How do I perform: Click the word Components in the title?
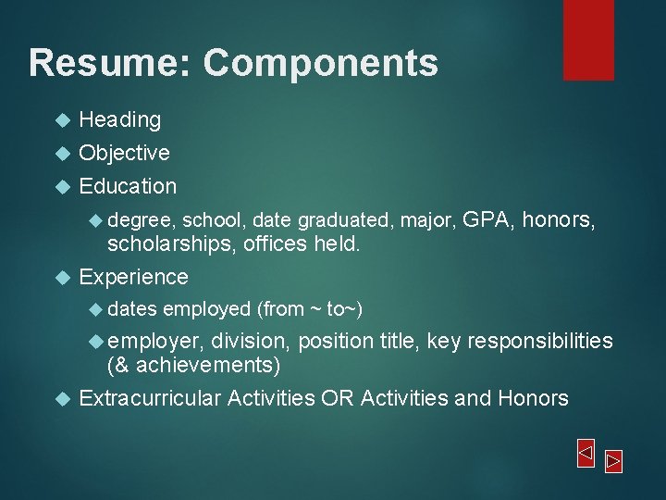pyautogui.click(x=320, y=63)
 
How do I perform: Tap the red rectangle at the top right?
pyautogui.click(x=588, y=39)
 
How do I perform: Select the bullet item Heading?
pyautogui.click(x=119, y=119)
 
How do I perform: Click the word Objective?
pyautogui.click(x=124, y=153)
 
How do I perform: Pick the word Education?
pyautogui.click(x=128, y=186)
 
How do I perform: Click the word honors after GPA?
pyautogui.click(x=558, y=219)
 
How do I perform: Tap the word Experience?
pyautogui.click(x=133, y=277)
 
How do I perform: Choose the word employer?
pyautogui.click(x=159, y=342)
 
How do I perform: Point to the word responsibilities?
pyautogui.click(x=539, y=342)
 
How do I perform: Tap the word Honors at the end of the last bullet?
pyautogui.click(x=533, y=398)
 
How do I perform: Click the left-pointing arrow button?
pyautogui.click(x=585, y=453)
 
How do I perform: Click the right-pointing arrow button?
pyautogui.click(x=613, y=460)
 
